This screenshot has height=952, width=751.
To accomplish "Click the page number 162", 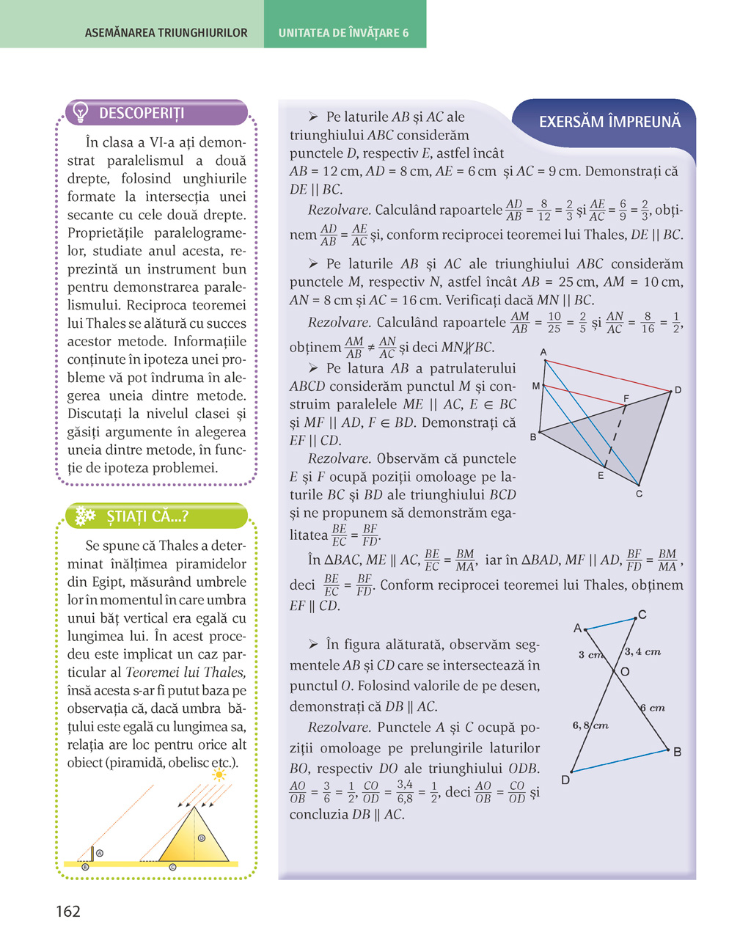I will coord(68,912).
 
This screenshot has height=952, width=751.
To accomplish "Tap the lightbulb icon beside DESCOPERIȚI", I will coord(81,113).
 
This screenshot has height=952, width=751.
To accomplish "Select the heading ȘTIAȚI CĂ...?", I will coord(147,516).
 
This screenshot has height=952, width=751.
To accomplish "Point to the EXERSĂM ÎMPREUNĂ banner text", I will coord(609,122).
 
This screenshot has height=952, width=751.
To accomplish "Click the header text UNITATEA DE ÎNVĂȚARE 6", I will coord(343,33).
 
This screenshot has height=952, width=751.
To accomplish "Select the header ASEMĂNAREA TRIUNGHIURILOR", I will coord(166,33).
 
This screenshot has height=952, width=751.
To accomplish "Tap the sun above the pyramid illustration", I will coord(219,775).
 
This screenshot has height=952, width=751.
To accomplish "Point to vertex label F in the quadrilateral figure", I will coord(626,398).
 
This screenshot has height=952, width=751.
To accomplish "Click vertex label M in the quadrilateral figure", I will coord(535,386).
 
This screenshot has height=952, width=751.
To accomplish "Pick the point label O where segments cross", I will coord(625,671).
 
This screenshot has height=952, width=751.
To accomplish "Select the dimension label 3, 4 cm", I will coord(643,651).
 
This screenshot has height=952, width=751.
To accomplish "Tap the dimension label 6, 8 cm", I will coord(590,725).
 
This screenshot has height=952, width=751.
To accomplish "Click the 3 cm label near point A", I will coord(590,654).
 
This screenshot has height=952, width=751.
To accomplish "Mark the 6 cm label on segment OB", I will coord(653,708).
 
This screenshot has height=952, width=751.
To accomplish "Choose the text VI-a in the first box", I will coord(166,142).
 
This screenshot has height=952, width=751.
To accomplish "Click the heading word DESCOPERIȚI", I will coord(142,113).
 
